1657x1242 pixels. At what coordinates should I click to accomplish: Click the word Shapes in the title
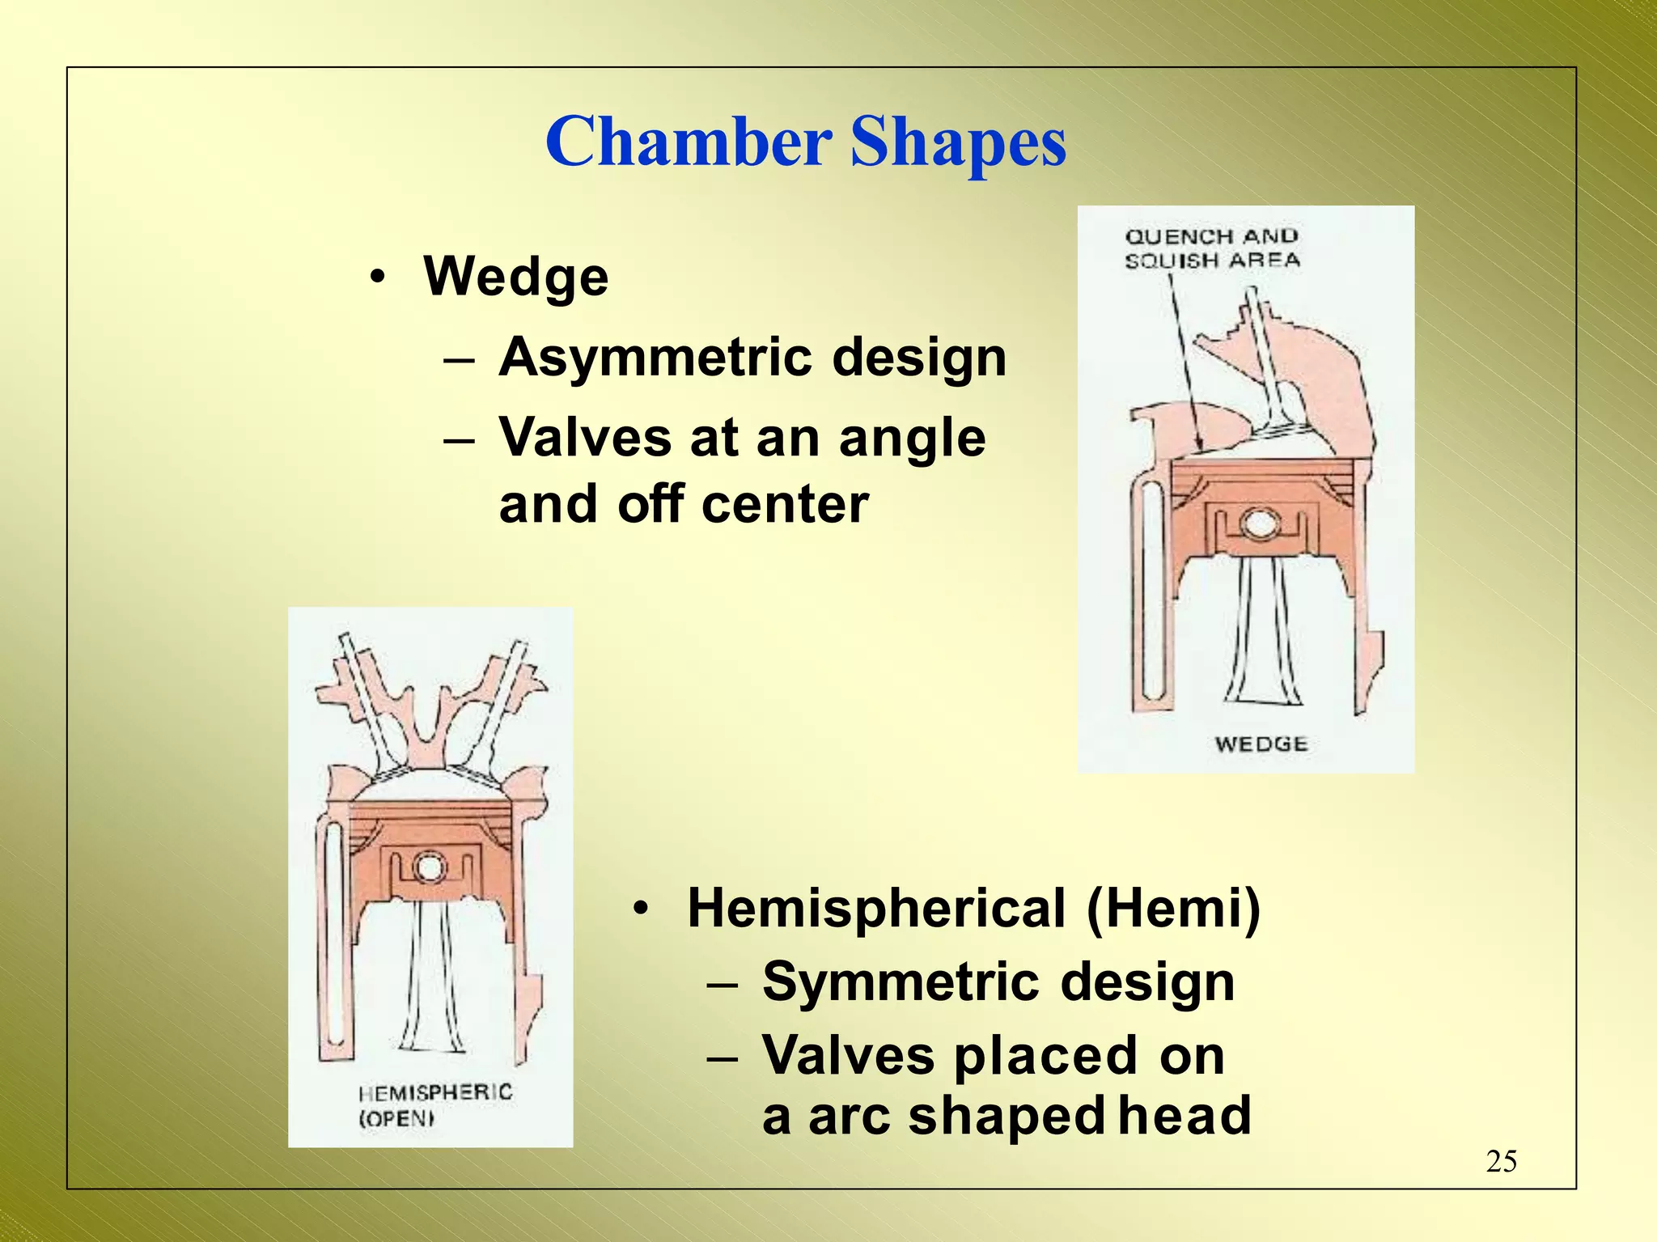958,144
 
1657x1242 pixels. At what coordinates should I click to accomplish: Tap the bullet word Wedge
515,277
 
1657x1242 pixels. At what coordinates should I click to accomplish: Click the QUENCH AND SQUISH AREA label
1211,248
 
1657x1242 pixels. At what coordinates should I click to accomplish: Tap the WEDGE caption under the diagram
1261,744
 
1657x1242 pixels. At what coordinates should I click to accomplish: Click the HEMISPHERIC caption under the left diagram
435,1092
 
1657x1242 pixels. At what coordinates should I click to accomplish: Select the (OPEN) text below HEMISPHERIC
396,1119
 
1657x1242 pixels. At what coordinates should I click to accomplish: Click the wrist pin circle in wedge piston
1260,524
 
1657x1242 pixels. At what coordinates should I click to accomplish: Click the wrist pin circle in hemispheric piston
429,868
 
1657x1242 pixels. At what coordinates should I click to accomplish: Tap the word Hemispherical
876,908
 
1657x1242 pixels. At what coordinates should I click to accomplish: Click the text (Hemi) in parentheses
1173,908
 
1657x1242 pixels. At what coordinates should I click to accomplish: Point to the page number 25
1501,1161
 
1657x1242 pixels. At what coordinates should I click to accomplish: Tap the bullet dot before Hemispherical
640,909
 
